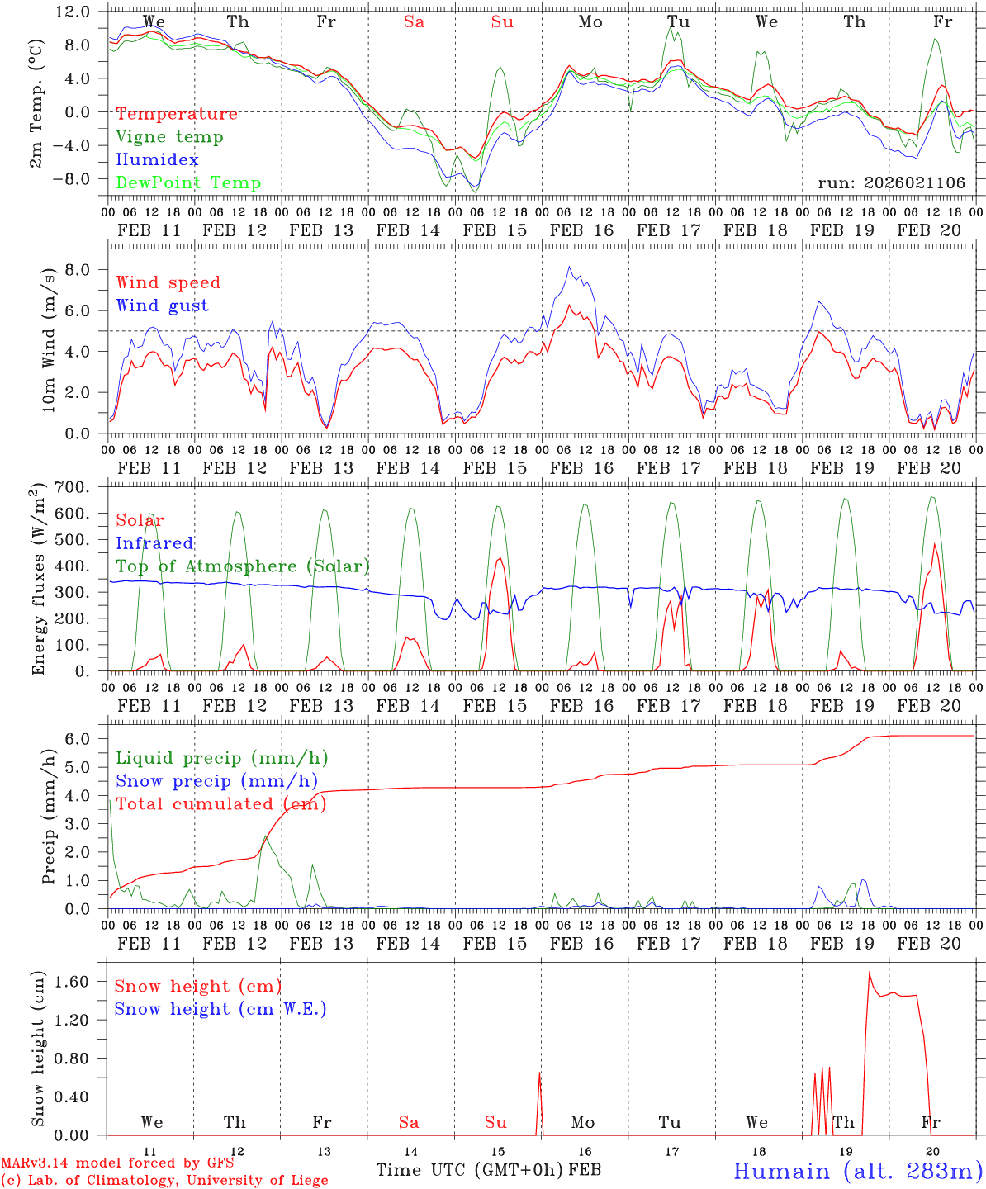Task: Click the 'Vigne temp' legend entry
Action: [x=169, y=137]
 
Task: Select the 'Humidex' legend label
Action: [x=157, y=160]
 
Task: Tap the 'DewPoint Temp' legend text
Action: [x=188, y=183]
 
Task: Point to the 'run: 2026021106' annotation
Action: [x=891, y=183]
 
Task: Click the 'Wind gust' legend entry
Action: [x=162, y=306]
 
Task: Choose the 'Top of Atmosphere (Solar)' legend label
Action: [x=242, y=566]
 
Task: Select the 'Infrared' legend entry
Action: [x=154, y=543]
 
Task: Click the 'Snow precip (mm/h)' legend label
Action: [x=216, y=781]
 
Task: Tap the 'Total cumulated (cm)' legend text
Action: [x=220, y=804]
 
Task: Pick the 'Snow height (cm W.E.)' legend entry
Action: [x=220, y=1009]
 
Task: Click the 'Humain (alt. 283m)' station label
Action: [x=858, y=1171]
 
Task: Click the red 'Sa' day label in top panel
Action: [x=414, y=22]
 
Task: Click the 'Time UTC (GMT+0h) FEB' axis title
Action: [x=488, y=1170]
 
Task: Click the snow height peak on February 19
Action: [x=870, y=973]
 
